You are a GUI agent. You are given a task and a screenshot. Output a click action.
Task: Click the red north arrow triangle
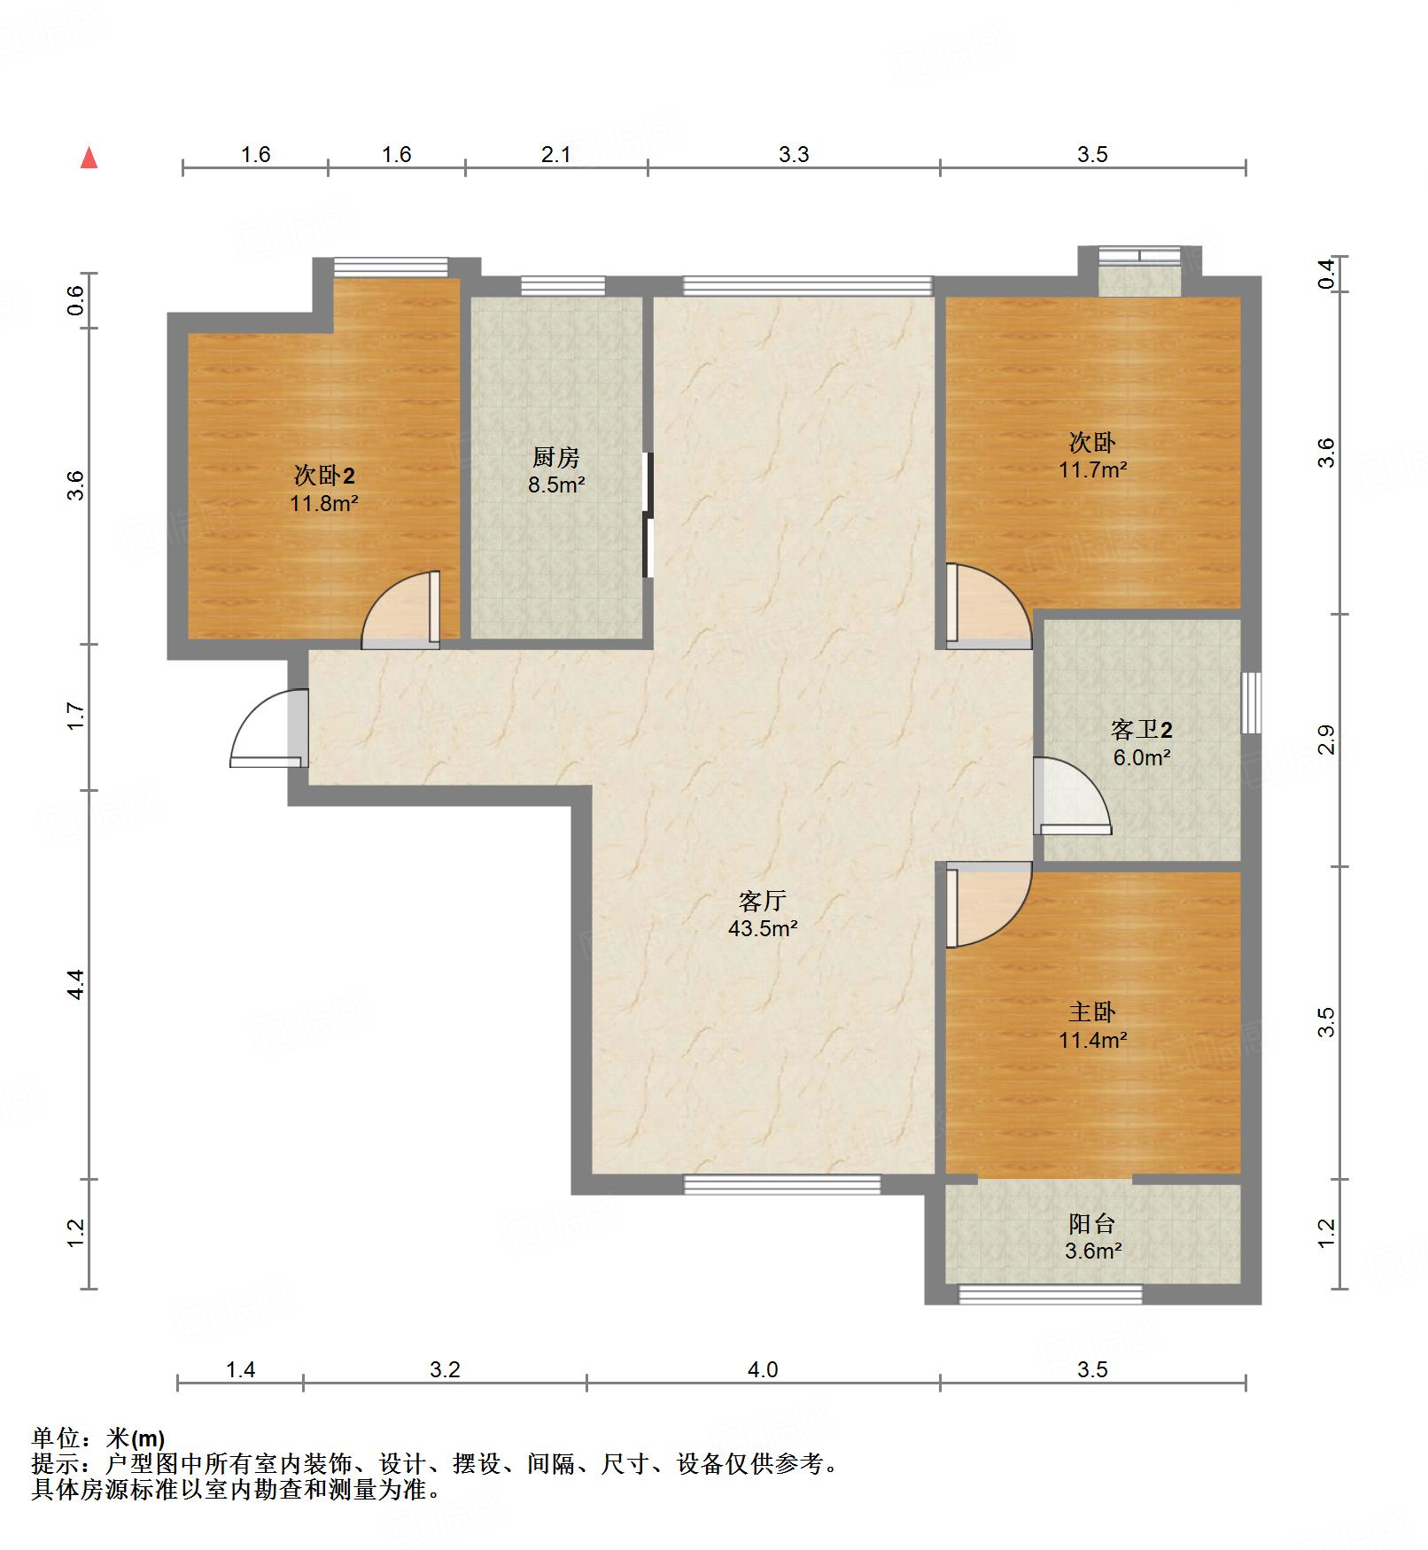pos(89,158)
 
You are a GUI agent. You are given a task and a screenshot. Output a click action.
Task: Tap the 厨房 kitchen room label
pos(556,457)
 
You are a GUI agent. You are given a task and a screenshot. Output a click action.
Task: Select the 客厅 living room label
pos(763,901)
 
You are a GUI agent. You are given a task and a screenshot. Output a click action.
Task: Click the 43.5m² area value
pos(763,928)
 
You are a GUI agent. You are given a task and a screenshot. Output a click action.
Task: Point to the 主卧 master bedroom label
pos(1092,1011)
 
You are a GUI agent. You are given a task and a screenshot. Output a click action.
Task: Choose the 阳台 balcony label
pos(1092,1223)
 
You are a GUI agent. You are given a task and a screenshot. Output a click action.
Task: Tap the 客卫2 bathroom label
pos(1142,730)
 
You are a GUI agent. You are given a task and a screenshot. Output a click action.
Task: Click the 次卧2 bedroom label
pos(324,476)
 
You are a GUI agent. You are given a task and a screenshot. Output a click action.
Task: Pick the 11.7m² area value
pos(1093,469)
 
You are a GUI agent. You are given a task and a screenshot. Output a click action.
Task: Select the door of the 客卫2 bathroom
pos(1073,796)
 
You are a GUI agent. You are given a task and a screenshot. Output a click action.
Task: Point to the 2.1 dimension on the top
pos(556,154)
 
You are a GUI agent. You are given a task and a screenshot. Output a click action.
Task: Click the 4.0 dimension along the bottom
pos(763,1369)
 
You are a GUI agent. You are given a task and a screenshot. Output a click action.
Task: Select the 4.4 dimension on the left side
pos(76,984)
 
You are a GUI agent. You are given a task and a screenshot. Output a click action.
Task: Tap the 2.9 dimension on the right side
pos(1325,740)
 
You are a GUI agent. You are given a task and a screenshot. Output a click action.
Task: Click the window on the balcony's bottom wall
pos(1050,1294)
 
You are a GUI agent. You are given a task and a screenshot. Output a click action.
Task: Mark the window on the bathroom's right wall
pos(1251,702)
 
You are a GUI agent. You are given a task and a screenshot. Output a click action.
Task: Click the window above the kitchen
pos(563,285)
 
